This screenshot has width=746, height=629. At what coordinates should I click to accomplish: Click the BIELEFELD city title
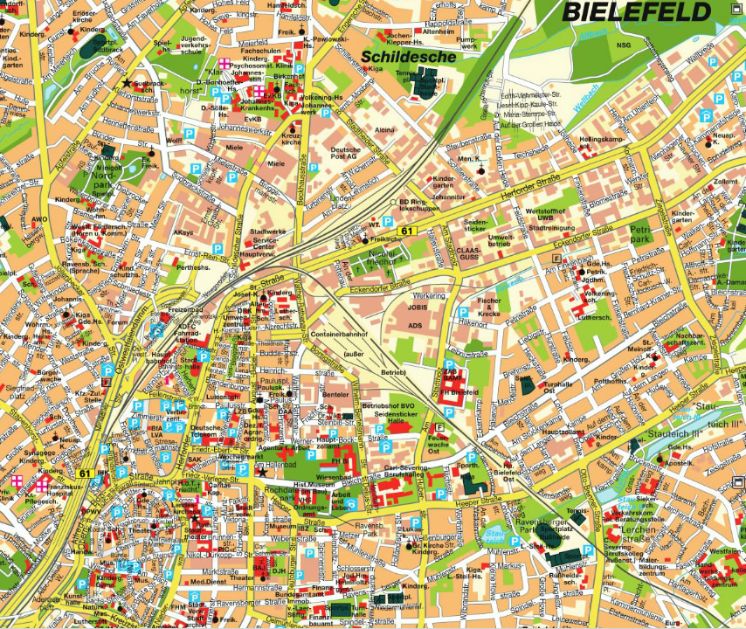(x=636, y=11)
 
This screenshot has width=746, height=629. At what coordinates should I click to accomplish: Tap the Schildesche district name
(x=409, y=56)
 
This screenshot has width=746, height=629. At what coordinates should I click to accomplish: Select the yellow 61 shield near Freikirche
(x=407, y=231)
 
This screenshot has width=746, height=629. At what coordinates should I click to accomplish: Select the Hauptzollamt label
(x=563, y=431)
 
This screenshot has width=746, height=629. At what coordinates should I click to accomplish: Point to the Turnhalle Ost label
(x=557, y=388)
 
